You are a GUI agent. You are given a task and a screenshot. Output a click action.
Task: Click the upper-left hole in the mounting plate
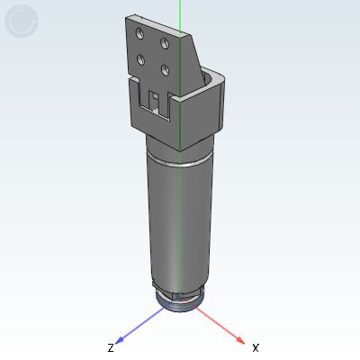[x=139, y=33]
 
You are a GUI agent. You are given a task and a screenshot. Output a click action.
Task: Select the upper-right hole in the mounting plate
[x=165, y=43]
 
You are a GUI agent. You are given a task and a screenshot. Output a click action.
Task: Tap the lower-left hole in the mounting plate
[x=140, y=59]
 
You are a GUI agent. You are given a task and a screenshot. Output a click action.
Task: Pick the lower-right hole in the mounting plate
[x=165, y=70]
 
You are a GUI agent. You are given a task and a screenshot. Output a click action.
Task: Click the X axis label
[x=256, y=348]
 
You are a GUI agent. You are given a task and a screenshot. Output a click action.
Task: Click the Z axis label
[x=111, y=348]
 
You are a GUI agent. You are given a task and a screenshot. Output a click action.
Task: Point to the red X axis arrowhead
[x=240, y=340]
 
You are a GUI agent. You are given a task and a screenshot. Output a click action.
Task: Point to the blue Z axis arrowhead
[x=120, y=340]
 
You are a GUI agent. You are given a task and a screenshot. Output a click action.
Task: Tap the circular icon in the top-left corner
[x=22, y=21]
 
